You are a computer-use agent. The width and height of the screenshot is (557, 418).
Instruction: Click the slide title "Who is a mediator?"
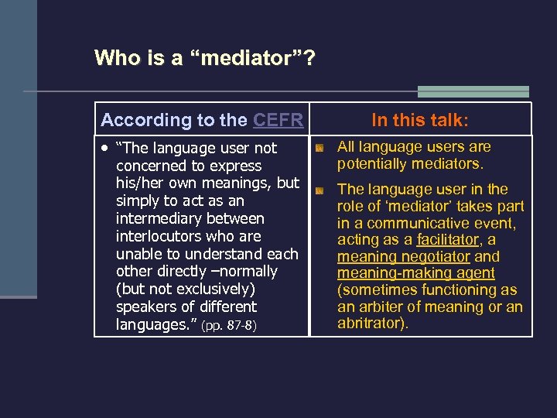pos(204,58)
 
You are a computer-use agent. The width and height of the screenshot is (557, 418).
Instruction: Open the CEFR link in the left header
pos(278,120)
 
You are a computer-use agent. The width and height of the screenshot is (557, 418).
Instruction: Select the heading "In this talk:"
pos(420,120)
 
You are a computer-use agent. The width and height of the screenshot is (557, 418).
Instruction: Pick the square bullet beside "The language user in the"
pos(320,190)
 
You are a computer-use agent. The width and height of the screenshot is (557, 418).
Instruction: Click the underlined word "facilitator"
pos(448,240)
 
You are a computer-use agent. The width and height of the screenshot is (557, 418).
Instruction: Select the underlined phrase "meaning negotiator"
pos(404,257)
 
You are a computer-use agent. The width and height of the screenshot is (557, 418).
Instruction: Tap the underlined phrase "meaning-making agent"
pos(416,273)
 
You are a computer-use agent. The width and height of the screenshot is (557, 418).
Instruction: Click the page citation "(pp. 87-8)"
pos(228,326)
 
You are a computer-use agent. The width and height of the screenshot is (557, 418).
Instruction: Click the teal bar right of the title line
pos(473,91)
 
